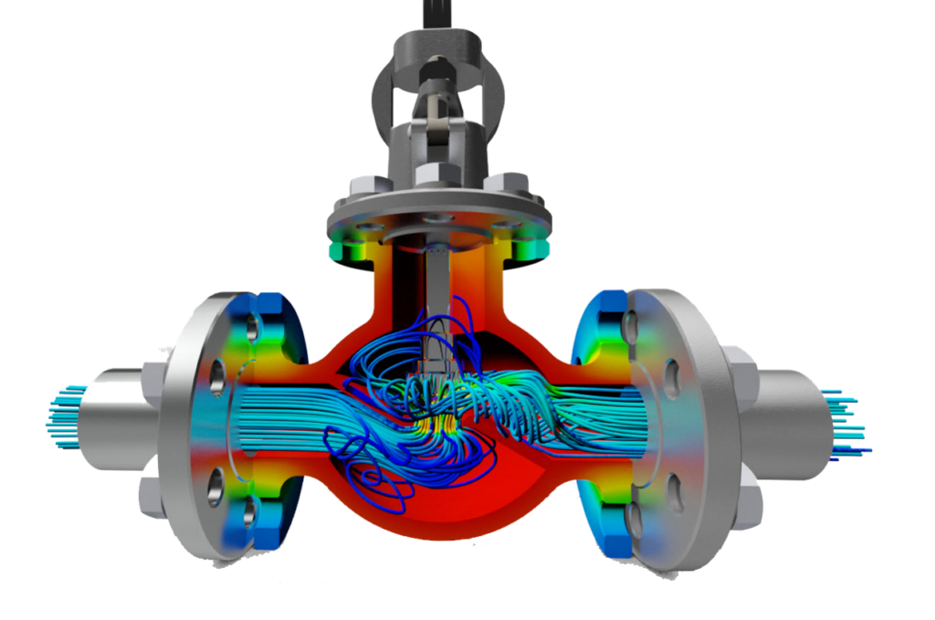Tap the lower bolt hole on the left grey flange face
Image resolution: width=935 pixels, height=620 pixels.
[x=214, y=485]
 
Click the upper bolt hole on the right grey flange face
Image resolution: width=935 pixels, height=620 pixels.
[x=671, y=374]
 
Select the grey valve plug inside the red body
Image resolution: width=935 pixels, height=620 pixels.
[x=436, y=347]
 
